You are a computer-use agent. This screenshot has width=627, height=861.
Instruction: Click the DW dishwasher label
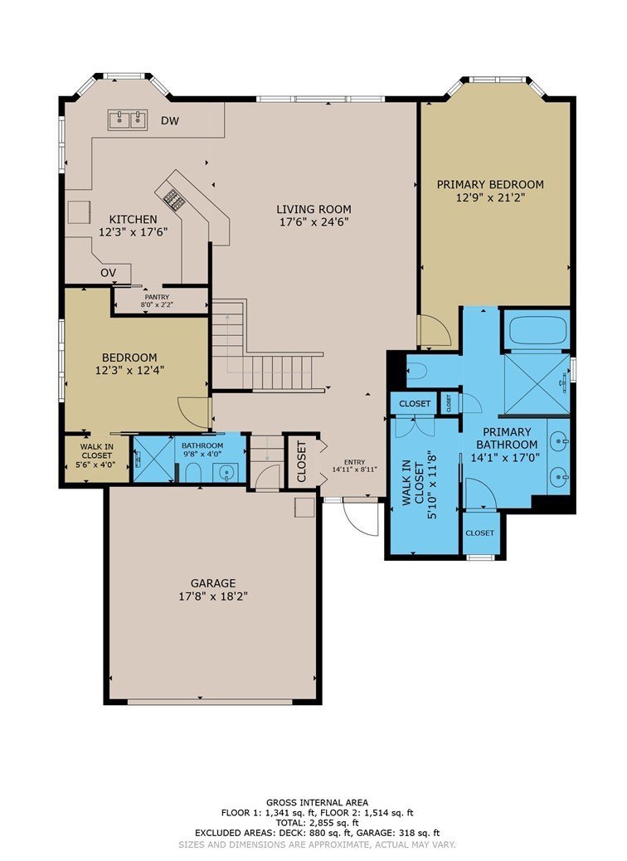[x=170, y=121]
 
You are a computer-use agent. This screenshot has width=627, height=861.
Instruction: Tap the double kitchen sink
[x=128, y=119]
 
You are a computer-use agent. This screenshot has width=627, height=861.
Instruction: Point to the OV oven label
[x=108, y=273]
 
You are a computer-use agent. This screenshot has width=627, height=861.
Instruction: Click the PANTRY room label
[x=157, y=297]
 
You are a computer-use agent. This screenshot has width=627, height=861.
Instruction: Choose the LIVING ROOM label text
[x=313, y=209]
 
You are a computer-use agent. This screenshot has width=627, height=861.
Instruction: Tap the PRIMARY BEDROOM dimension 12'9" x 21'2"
[x=488, y=197]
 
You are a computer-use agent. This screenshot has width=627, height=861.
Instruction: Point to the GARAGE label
[x=213, y=583]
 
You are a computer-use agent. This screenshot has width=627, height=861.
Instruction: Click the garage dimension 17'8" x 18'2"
[x=213, y=597]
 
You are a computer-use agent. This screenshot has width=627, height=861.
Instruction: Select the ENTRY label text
[x=354, y=462]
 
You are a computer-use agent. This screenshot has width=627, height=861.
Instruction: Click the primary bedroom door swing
[x=432, y=331]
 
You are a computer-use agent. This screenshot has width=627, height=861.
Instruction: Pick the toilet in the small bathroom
[x=192, y=472]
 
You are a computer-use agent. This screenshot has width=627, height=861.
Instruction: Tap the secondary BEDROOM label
[x=129, y=358]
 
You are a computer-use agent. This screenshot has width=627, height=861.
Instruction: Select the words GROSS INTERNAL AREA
[x=318, y=803]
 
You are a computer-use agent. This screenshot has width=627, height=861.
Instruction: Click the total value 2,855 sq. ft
[x=333, y=823]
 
